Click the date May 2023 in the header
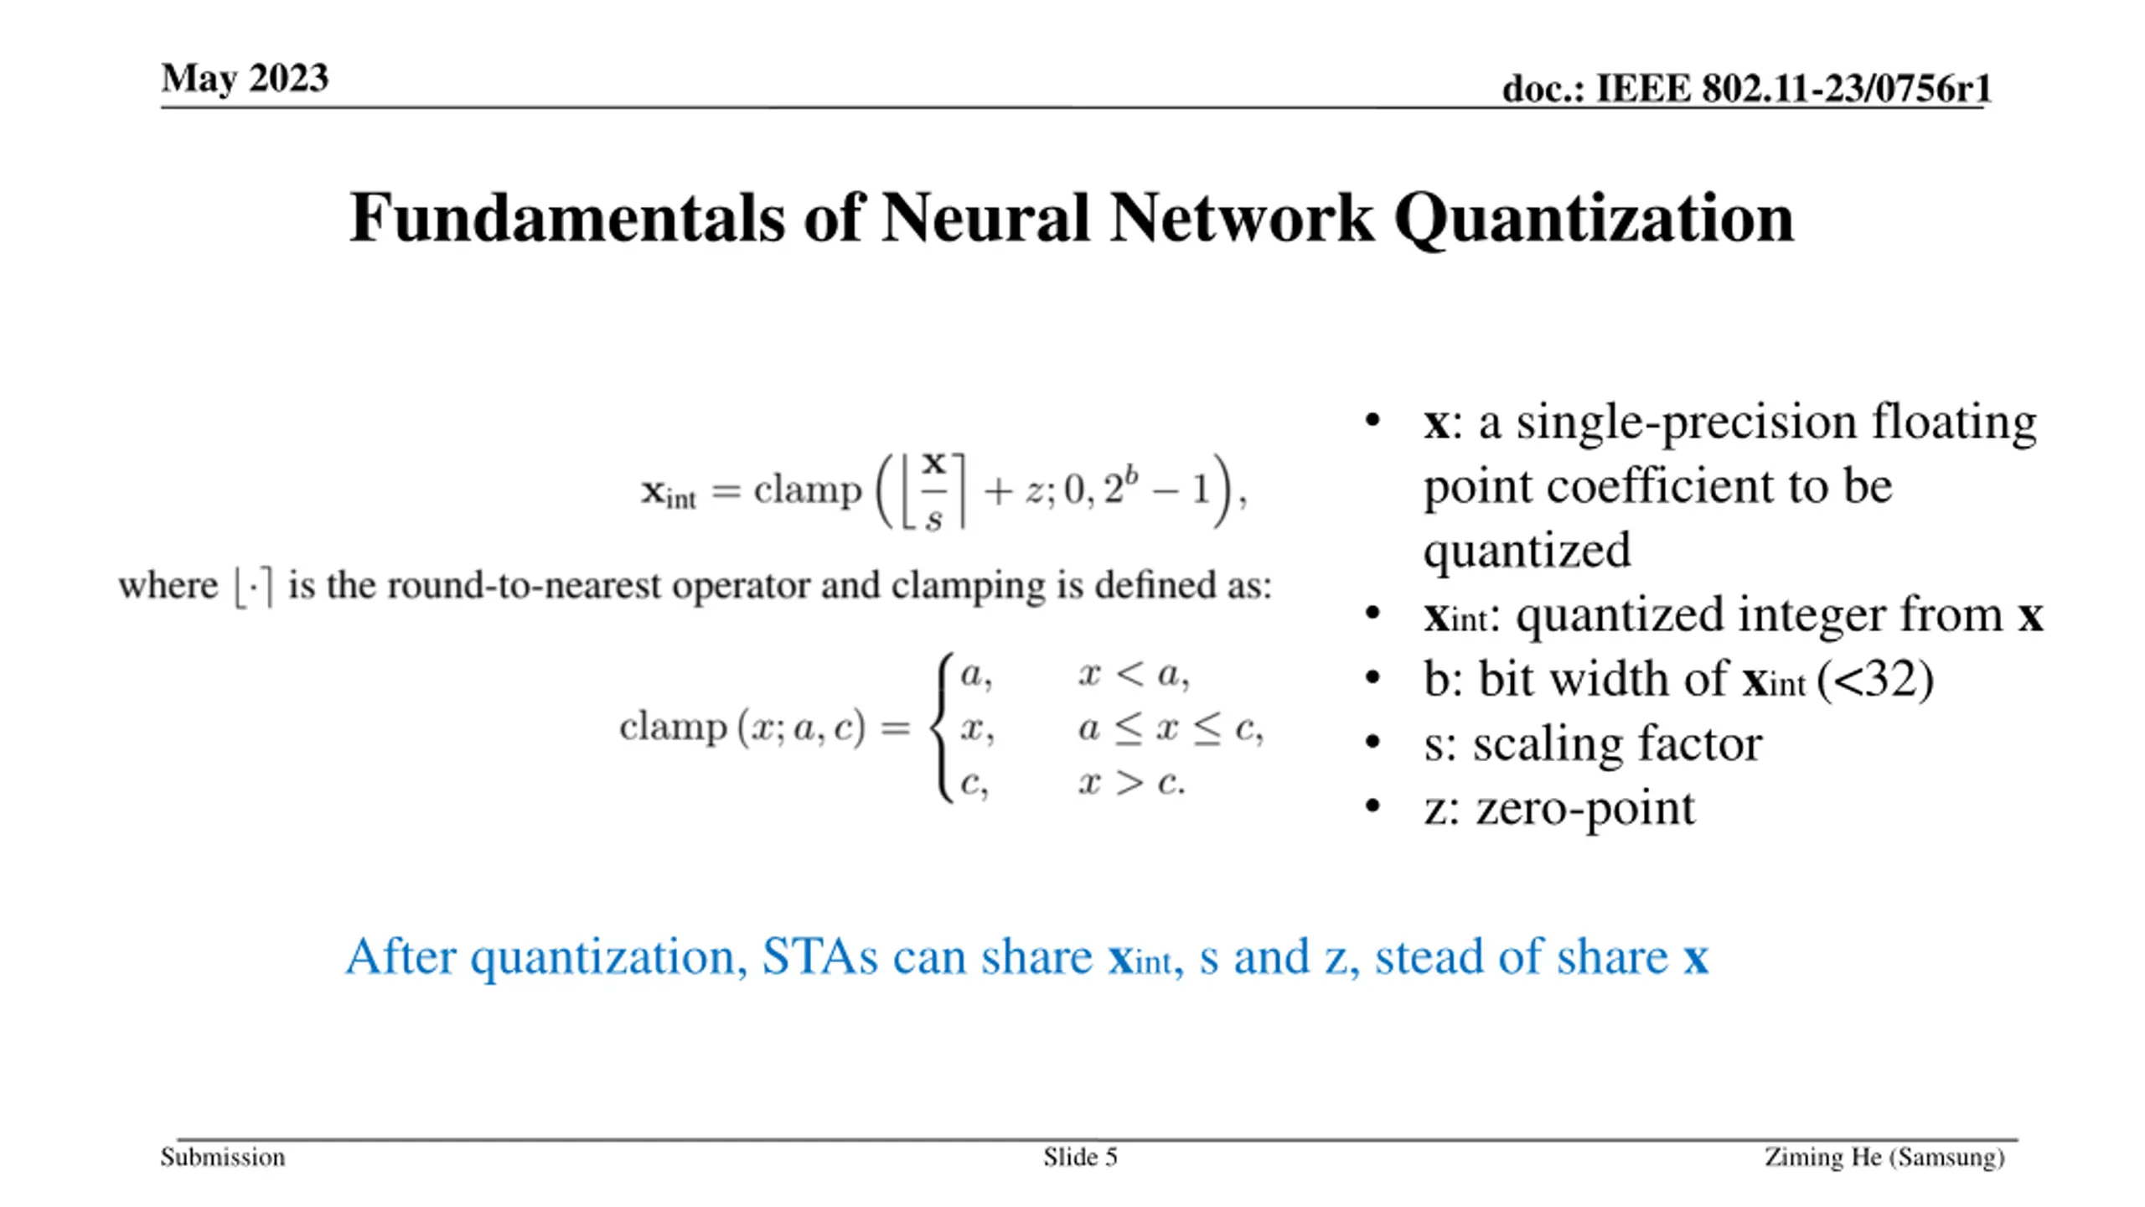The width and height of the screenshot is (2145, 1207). pyautogui.click(x=245, y=79)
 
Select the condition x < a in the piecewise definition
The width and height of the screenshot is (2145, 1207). pyautogui.click(x=1133, y=674)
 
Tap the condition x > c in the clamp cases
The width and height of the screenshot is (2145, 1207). pyautogui.click(x=1131, y=783)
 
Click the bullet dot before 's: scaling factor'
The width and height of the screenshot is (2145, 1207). pyautogui.click(x=1372, y=743)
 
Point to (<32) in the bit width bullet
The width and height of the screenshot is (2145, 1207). pyautogui.click(x=1875, y=679)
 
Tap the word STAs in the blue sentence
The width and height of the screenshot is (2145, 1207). pyautogui.click(x=819, y=957)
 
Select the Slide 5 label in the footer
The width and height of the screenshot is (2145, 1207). pyautogui.click(x=1080, y=1158)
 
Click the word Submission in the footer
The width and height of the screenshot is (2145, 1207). pyautogui.click(x=223, y=1158)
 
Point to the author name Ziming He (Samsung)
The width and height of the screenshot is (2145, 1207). pyautogui.click(x=1884, y=1158)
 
